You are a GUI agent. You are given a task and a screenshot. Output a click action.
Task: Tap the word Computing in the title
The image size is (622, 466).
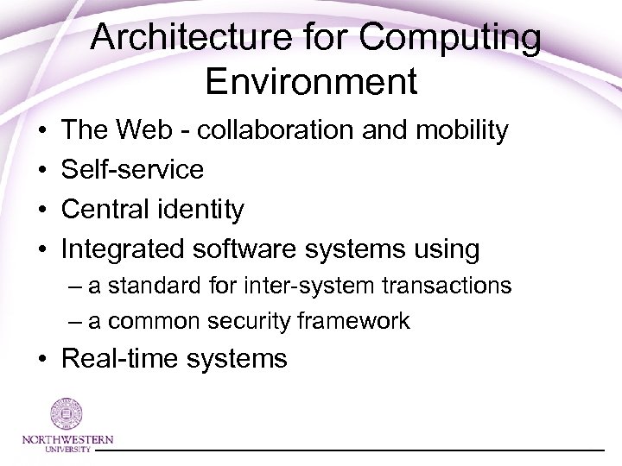(455, 39)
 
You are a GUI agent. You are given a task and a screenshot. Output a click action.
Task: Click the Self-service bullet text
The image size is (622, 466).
(132, 169)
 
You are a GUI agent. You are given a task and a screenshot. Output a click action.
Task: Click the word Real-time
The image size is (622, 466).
(120, 357)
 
